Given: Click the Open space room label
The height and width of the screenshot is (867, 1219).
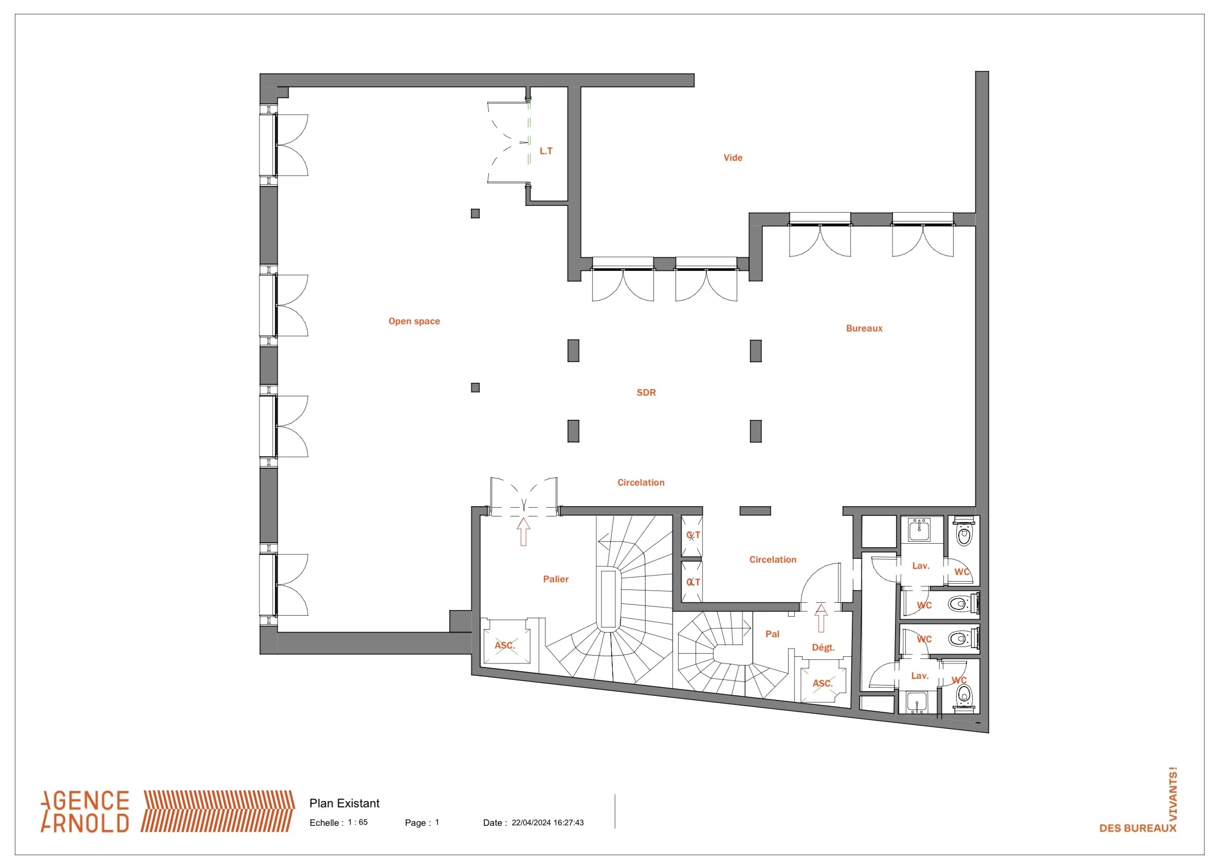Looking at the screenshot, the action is [x=414, y=321].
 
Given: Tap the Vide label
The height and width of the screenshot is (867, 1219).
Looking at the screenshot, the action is [x=733, y=157].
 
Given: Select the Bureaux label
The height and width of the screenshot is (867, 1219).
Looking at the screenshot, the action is [x=864, y=328].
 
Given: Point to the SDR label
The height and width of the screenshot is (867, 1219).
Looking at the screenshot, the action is [x=646, y=393].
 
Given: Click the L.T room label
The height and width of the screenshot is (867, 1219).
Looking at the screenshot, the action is [x=545, y=151].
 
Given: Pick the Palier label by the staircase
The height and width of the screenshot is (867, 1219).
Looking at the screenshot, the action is [x=555, y=579].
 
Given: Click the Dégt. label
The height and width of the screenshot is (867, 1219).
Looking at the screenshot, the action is [x=823, y=648].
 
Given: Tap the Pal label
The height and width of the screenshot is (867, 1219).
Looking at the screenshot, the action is [x=772, y=634].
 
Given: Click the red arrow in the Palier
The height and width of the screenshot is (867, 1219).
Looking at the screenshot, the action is [x=523, y=532].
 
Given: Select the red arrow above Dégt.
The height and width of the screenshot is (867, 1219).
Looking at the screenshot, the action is [x=821, y=618].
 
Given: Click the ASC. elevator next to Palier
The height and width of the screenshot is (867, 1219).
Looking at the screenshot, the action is [x=504, y=645].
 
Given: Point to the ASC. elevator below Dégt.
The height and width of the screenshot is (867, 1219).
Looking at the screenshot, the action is [x=822, y=684].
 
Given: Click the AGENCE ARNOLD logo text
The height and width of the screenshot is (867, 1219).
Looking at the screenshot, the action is [x=85, y=811].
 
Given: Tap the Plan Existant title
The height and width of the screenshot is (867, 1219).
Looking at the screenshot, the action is [x=344, y=803].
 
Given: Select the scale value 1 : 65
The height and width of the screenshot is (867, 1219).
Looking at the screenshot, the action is [x=358, y=822].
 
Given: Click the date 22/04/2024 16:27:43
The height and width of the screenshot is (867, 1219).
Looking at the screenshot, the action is [x=548, y=823].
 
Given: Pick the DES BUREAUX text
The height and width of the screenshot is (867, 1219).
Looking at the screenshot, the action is [x=1137, y=828].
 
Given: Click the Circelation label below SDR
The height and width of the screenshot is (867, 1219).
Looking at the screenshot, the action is [x=641, y=483].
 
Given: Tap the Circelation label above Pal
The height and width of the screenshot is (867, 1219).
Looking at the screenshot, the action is [x=773, y=560].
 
